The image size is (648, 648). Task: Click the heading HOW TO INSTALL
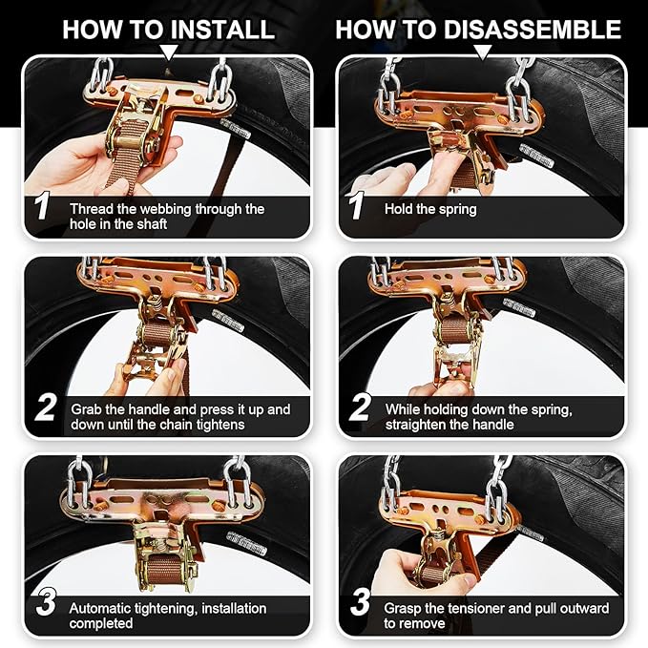tap(168, 29)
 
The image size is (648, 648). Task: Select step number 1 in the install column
tap(40, 209)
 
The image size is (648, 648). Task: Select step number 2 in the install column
tap(44, 409)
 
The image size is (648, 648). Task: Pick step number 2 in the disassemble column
tap(360, 409)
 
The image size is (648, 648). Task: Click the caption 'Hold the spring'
tap(430, 207)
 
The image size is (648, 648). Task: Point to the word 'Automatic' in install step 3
tap(101, 607)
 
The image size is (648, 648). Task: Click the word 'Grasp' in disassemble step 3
tap(404, 608)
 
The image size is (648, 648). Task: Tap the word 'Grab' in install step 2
tap(86, 409)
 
